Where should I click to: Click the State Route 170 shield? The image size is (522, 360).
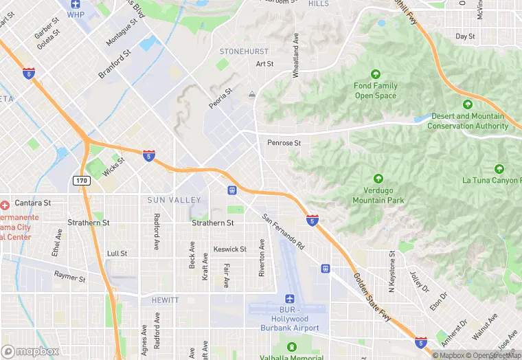pos(80,180)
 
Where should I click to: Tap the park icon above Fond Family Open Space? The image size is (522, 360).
pos(376,74)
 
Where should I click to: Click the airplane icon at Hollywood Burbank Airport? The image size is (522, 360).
pos(290,300)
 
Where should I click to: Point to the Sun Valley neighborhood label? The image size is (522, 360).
pos(174,200)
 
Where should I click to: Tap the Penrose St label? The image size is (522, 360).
pos(284,143)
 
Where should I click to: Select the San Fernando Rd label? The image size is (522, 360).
pos(284,231)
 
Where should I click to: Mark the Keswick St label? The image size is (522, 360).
pos(229,249)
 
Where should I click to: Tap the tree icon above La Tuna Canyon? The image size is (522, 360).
pos(499,169)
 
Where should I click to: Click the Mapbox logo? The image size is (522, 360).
pos(30,351)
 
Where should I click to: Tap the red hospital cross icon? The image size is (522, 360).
pos(5,205)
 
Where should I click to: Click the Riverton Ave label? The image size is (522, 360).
pos(262,258)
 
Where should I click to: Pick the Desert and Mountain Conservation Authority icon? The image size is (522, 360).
pos(467,104)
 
